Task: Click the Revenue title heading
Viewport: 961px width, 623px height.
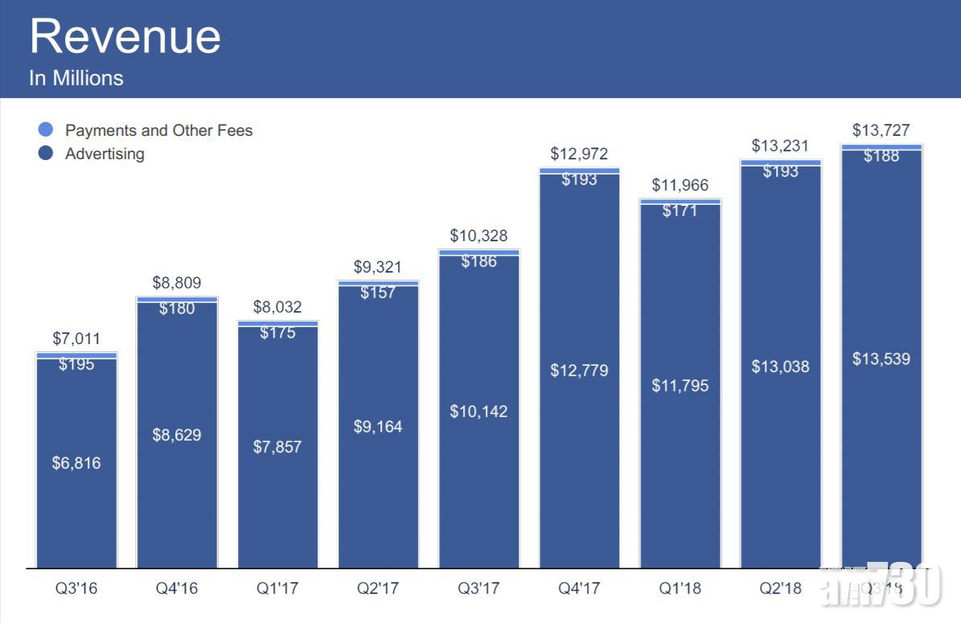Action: (125, 37)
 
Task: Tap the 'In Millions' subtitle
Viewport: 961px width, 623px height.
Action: (76, 78)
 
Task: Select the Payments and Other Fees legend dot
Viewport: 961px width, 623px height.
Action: (46, 129)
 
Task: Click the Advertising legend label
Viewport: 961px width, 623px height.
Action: (105, 154)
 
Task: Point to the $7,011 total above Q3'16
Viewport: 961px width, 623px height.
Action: (76, 338)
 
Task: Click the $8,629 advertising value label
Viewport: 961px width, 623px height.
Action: (177, 435)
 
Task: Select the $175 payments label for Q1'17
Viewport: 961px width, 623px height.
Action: (277, 333)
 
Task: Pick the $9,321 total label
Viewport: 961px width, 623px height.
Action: (378, 267)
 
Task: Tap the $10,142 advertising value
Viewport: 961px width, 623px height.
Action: (478, 411)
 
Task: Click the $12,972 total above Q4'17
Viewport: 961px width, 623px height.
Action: (579, 154)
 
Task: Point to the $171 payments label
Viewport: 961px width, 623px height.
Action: (680, 211)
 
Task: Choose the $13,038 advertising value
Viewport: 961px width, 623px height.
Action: (780, 367)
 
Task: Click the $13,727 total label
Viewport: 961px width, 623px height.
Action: (881, 130)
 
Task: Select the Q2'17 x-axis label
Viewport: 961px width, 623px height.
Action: (378, 588)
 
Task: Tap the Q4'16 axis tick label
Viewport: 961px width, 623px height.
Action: (177, 588)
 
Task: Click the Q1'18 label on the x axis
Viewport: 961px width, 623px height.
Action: (680, 588)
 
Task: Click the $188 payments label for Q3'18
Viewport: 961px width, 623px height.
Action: (881, 157)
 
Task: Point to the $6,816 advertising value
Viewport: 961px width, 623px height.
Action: (76, 463)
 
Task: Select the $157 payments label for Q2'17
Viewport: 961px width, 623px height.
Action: (378, 293)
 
